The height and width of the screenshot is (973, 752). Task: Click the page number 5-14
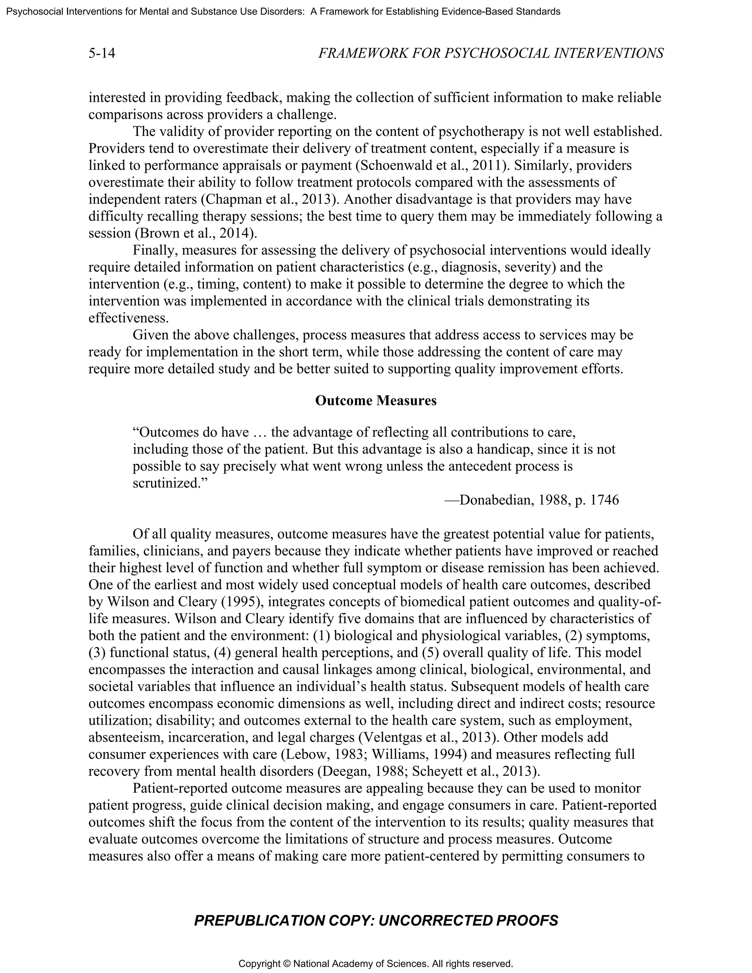point(102,54)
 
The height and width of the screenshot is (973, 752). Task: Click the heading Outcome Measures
point(376,401)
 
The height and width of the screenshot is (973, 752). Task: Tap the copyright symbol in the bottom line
point(286,964)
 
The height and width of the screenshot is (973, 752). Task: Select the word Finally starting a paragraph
point(153,250)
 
